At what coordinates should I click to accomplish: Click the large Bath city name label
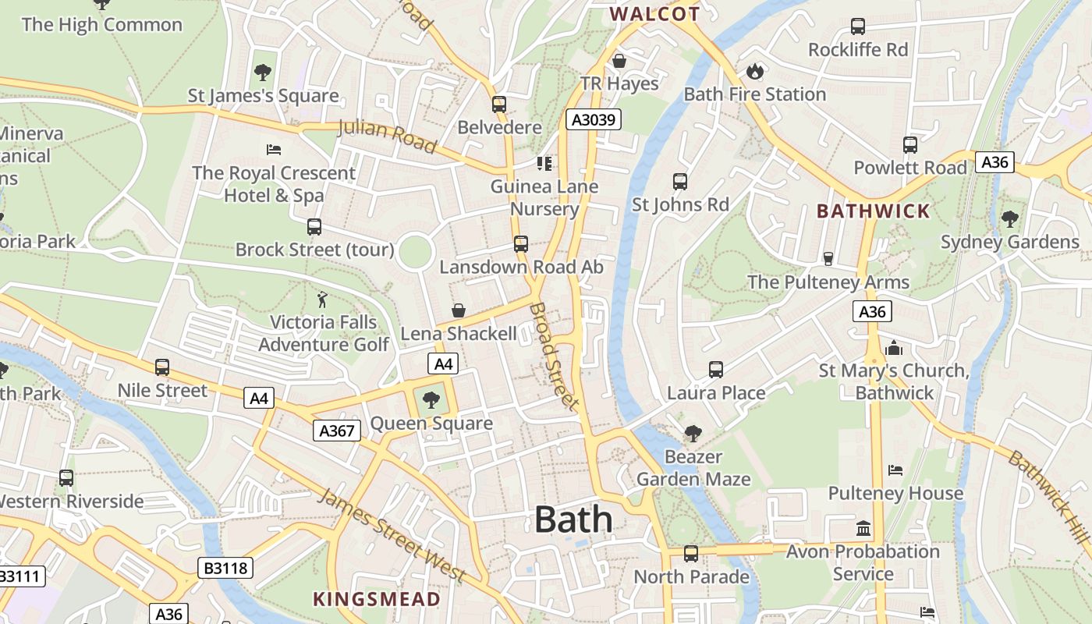click(x=573, y=519)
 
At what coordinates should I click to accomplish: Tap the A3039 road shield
click(x=593, y=119)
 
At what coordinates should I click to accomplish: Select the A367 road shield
click(x=337, y=430)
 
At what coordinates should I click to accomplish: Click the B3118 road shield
click(x=226, y=568)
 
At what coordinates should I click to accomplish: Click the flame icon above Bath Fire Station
click(x=754, y=72)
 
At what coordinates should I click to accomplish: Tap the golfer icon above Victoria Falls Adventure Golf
click(x=322, y=300)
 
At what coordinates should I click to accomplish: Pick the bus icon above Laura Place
click(x=716, y=370)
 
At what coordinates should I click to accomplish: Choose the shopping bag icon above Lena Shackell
click(x=459, y=311)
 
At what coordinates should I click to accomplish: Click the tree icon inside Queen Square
click(x=431, y=401)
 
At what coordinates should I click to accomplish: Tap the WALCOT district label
click(x=654, y=14)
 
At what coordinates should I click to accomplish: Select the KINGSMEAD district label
click(x=377, y=599)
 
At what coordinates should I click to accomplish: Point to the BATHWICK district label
click(x=873, y=211)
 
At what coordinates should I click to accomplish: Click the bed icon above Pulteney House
click(x=895, y=470)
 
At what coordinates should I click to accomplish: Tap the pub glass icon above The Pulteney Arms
click(x=828, y=259)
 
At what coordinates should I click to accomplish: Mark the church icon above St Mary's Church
click(x=894, y=348)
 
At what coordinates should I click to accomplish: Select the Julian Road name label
click(x=387, y=136)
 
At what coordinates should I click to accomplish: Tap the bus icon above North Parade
click(x=691, y=554)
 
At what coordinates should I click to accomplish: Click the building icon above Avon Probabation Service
click(x=863, y=529)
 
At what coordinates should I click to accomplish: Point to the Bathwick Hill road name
click(x=1049, y=496)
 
